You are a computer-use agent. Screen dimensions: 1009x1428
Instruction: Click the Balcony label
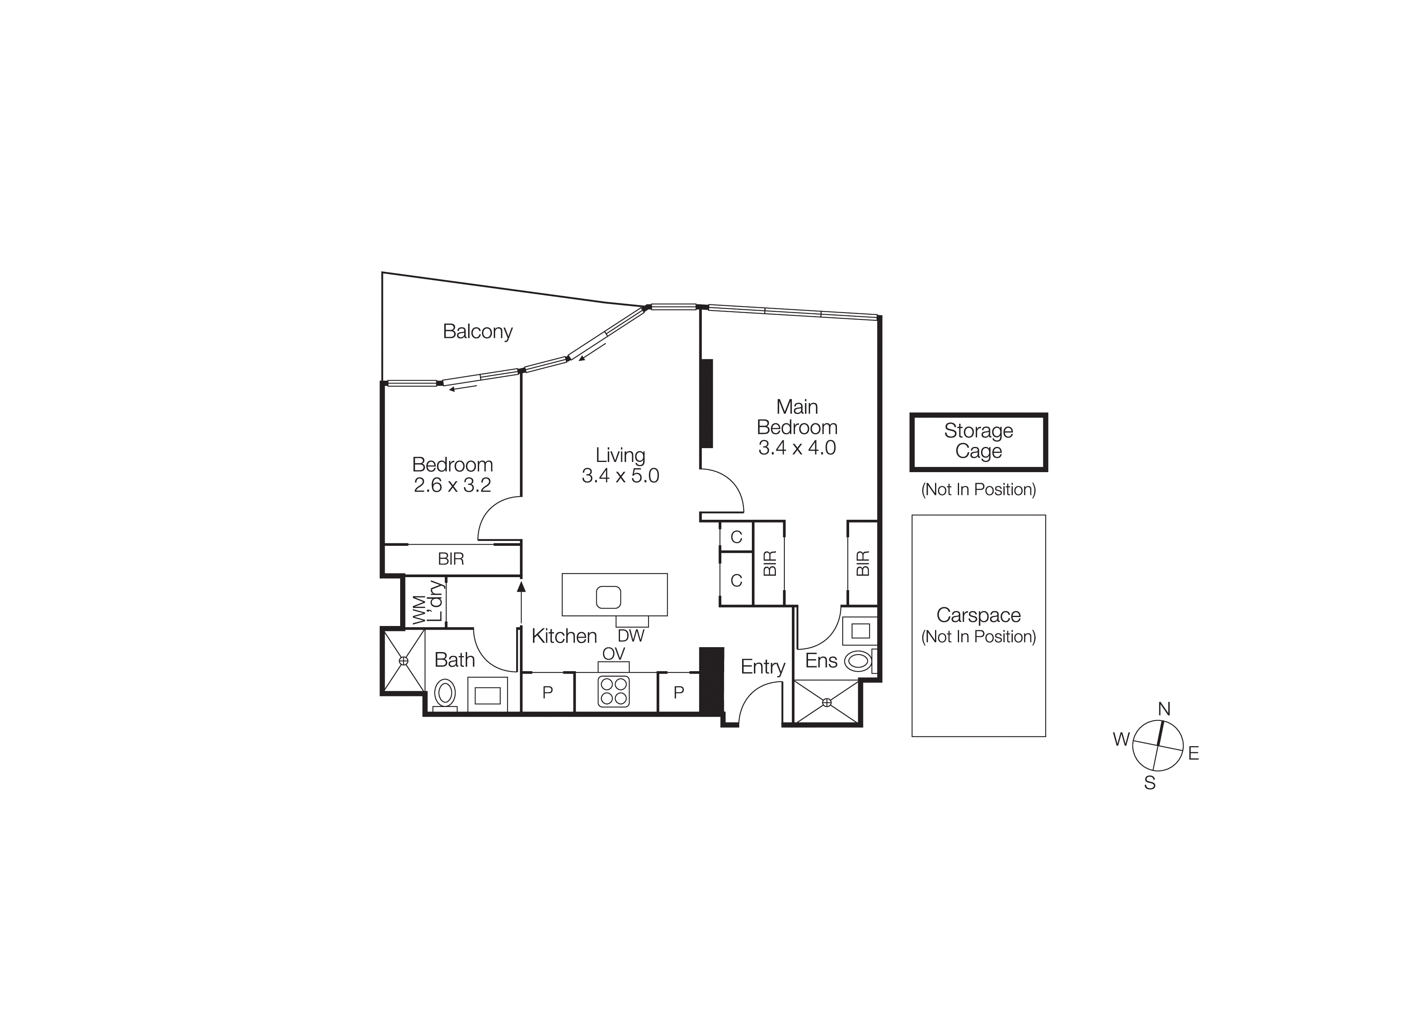[x=477, y=331]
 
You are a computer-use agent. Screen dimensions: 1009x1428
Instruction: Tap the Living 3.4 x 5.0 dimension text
[x=620, y=475]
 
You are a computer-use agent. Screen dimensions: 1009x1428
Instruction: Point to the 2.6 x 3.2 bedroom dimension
[x=452, y=485]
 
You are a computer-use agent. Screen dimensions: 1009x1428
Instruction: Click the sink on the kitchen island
[x=608, y=598]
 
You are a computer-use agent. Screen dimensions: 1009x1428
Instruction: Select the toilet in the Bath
[x=445, y=693]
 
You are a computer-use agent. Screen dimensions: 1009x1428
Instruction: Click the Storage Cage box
[x=978, y=441]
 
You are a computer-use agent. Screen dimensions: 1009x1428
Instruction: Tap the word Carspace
[x=978, y=615]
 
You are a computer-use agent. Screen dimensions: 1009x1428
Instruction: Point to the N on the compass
[x=1164, y=709]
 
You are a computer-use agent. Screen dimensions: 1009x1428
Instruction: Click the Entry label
[x=762, y=667]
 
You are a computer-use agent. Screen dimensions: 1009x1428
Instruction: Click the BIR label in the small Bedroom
[x=451, y=559]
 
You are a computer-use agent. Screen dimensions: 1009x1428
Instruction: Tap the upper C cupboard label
[x=736, y=537]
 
